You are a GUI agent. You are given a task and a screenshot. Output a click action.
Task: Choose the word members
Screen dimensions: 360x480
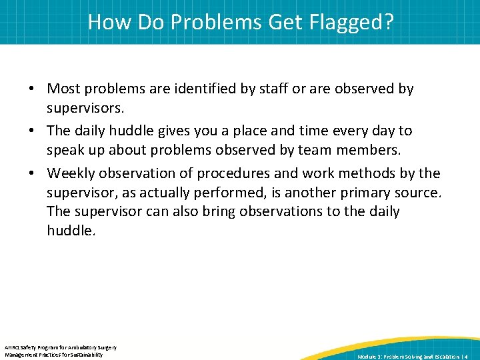[x=370, y=149]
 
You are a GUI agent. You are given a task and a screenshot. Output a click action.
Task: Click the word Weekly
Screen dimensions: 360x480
[x=71, y=173]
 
